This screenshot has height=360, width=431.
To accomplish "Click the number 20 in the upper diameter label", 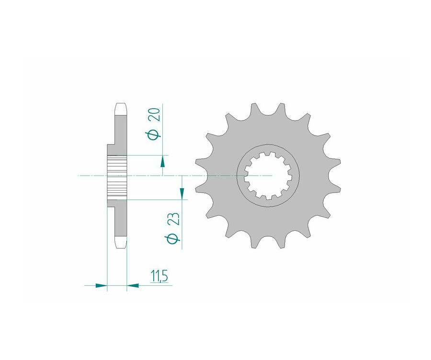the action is [155, 115].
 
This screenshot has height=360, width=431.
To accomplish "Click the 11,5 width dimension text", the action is [159, 276].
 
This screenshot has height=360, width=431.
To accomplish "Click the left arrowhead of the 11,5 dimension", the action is [101, 285].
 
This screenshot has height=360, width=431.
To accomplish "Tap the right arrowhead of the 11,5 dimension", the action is [133, 285].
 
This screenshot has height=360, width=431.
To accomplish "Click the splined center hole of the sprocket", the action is [268, 175].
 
